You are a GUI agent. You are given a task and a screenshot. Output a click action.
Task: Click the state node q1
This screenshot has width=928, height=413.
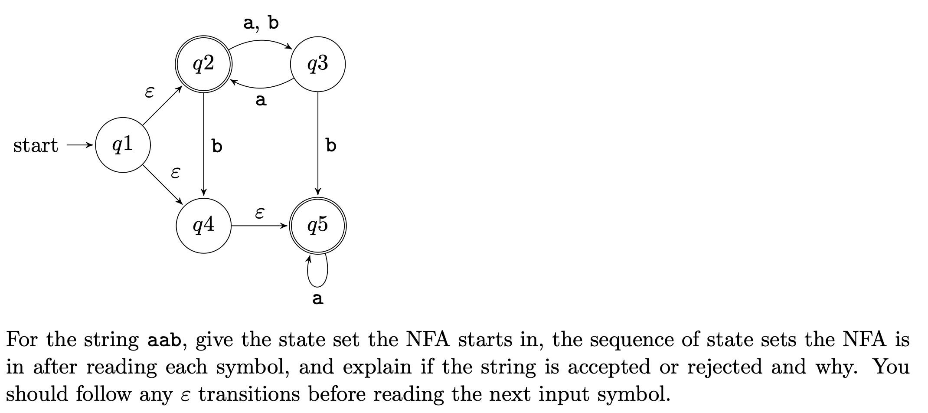tap(123, 145)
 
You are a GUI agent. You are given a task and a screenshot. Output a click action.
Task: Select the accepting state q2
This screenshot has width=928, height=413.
tap(203, 64)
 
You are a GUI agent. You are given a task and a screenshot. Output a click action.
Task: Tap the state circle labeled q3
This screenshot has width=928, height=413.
tap(318, 64)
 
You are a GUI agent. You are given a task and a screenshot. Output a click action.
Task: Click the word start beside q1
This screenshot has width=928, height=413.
tap(36, 145)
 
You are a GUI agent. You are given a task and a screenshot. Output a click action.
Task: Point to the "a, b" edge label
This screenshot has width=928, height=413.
tap(261, 23)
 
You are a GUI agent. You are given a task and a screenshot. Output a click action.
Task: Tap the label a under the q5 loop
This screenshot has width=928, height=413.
tap(318, 298)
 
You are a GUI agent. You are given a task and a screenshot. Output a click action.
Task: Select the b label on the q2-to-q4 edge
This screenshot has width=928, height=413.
tap(217, 146)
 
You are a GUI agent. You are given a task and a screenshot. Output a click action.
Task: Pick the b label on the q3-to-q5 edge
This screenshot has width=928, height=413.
tap(331, 145)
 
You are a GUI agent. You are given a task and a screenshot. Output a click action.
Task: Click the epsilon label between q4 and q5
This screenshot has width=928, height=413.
tap(259, 213)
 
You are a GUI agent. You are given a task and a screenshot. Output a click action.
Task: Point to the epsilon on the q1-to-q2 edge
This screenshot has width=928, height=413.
tap(149, 92)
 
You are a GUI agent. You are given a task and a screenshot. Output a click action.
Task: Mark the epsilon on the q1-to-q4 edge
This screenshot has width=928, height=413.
tap(175, 173)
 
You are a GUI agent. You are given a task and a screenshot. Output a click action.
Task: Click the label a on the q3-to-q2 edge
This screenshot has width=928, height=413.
tap(261, 101)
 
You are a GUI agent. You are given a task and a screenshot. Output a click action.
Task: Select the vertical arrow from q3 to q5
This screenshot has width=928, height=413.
tap(318, 143)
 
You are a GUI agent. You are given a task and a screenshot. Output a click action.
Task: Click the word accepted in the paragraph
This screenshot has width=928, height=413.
tap(608, 367)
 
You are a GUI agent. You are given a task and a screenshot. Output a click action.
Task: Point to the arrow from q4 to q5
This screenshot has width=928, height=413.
tap(259, 226)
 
